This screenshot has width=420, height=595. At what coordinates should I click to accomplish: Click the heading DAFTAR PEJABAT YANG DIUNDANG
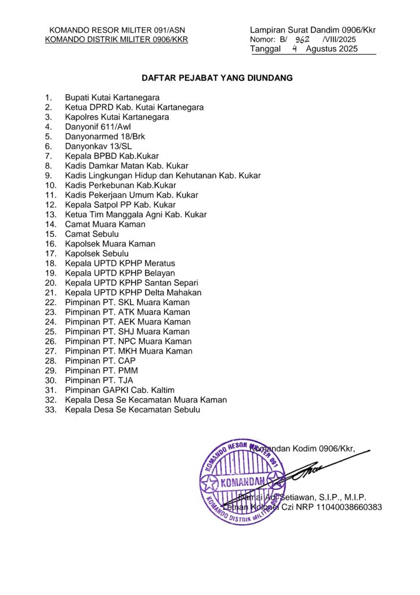click(218, 77)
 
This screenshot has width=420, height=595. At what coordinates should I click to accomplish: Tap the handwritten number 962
click(302, 40)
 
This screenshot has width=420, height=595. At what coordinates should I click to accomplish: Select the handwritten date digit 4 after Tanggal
click(295, 49)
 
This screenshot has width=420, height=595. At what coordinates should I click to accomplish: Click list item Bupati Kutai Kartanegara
click(112, 97)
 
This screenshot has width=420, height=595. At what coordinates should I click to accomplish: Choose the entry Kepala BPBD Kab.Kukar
click(111, 156)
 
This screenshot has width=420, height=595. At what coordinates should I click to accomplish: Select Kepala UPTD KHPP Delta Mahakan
click(133, 292)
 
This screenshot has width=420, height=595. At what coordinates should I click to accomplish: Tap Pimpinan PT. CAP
click(100, 361)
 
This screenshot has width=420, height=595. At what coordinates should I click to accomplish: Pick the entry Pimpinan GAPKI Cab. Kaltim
click(120, 390)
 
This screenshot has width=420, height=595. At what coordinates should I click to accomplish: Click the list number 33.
click(50, 410)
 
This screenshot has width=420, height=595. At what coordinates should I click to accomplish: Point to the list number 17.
click(50, 253)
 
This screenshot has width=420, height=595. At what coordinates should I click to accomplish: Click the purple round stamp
click(242, 481)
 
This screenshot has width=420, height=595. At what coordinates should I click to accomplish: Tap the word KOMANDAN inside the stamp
click(242, 481)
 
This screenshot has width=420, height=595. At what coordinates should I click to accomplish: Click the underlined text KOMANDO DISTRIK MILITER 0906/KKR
click(116, 40)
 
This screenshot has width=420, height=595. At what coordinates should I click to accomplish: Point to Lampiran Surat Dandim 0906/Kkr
click(313, 30)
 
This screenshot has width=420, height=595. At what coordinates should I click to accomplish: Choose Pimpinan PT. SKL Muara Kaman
click(127, 302)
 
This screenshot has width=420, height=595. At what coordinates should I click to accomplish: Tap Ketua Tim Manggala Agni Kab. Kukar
click(136, 214)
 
